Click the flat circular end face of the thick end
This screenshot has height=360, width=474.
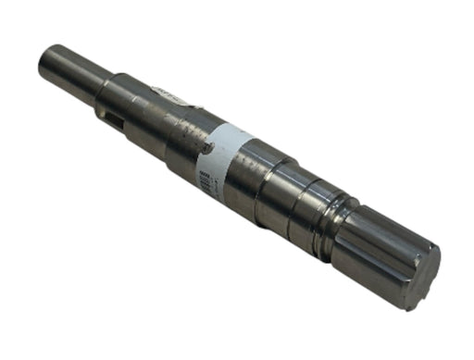tap(422, 278)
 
